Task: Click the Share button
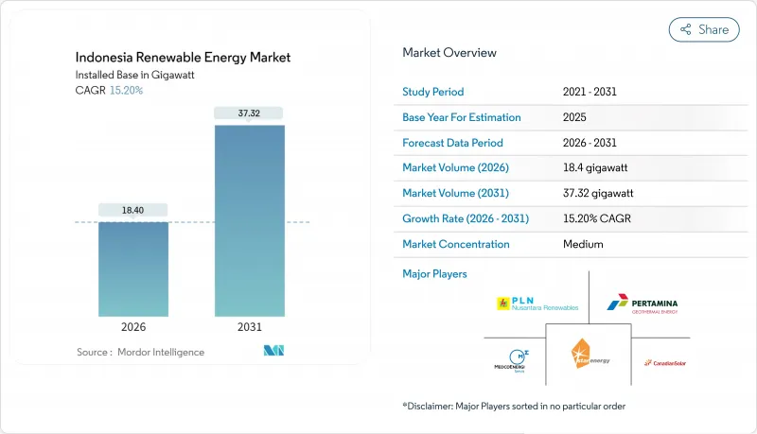pos(704,29)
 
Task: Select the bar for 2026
pos(133,269)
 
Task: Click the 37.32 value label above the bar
pos(250,113)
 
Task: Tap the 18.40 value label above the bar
pos(133,210)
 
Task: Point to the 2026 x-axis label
pos(133,326)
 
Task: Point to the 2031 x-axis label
pos(250,326)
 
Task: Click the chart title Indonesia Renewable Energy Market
pos(183,58)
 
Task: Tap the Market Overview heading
pos(449,52)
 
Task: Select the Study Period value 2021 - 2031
pos(595,93)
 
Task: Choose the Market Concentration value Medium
pos(583,244)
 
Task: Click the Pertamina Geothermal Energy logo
pos(643,304)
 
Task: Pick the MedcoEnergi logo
pos(511,360)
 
